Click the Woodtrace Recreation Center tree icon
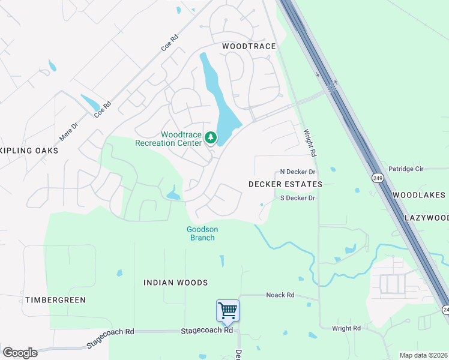click(210, 138)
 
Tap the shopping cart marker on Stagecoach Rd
click(228, 311)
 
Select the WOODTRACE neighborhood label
click(249, 46)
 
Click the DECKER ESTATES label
click(285, 184)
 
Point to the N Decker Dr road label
click(297, 172)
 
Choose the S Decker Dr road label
click(297, 198)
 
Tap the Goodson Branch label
click(202, 233)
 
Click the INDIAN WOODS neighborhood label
click(175, 283)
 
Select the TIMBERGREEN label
click(55, 299)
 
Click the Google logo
click(20, 353)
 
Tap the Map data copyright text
click(423, 355)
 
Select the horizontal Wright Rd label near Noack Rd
click(346, 328)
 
